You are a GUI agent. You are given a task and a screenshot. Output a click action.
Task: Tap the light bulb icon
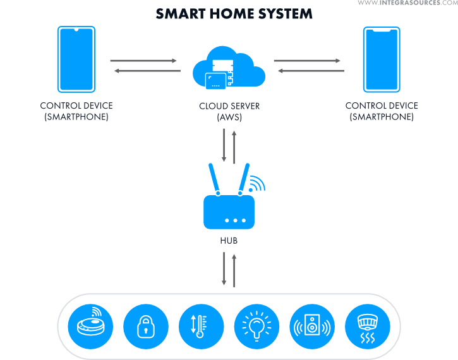[256, 327]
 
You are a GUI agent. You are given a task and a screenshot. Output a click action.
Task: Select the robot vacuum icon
[91, 327]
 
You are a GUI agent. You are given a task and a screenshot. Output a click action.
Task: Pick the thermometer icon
[202, 327]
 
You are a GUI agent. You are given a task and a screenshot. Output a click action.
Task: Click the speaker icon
[311, 327]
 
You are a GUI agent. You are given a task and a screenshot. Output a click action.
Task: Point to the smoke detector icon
[366, 327]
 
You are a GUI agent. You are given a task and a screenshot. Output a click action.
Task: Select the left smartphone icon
[76, 59]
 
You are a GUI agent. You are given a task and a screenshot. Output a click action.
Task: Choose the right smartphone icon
[382, 59]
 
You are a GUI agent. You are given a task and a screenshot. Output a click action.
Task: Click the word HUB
[229, 241]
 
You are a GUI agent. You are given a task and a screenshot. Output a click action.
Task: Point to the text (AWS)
[229, 117]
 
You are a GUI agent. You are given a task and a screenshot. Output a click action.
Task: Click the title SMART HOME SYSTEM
[234, 13]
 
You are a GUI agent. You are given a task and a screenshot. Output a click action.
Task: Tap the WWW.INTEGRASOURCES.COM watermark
[407, 4]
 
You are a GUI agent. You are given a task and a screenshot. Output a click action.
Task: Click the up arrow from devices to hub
[234, 270]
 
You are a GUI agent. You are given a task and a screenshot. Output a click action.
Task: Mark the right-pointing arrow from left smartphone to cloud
[143, 61]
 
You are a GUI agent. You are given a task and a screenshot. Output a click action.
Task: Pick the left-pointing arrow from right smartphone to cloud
[311, 71]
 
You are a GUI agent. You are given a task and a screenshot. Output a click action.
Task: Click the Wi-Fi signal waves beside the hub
[256, 183]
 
